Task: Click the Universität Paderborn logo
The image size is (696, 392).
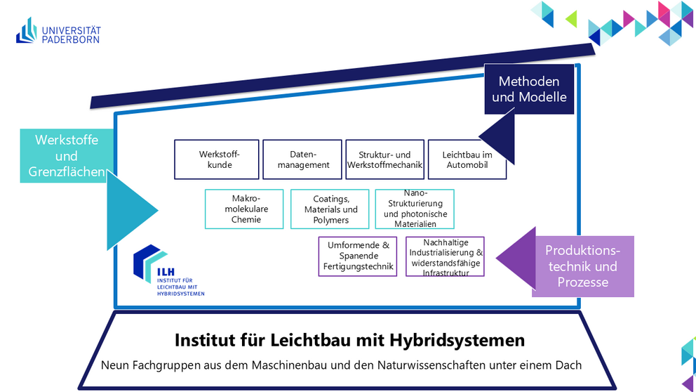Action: click(58, 30)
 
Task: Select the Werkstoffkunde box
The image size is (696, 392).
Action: click(217, 159)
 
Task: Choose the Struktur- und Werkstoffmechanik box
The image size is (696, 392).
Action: click(384, 159)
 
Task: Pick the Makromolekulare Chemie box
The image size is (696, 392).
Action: click(244, 209)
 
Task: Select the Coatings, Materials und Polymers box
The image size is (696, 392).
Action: click(330, 209)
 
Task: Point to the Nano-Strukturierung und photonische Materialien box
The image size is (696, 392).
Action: click(415, 209)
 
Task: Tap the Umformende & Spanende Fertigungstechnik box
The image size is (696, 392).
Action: click(358, 256)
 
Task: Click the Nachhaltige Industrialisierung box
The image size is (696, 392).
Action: click(445, 256)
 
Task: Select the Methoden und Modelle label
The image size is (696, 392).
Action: click(529, 89)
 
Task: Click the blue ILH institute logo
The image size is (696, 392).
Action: click(168, 270)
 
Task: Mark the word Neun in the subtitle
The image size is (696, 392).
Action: click(115, 365)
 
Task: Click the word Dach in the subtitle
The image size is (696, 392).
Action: click(568, 365)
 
